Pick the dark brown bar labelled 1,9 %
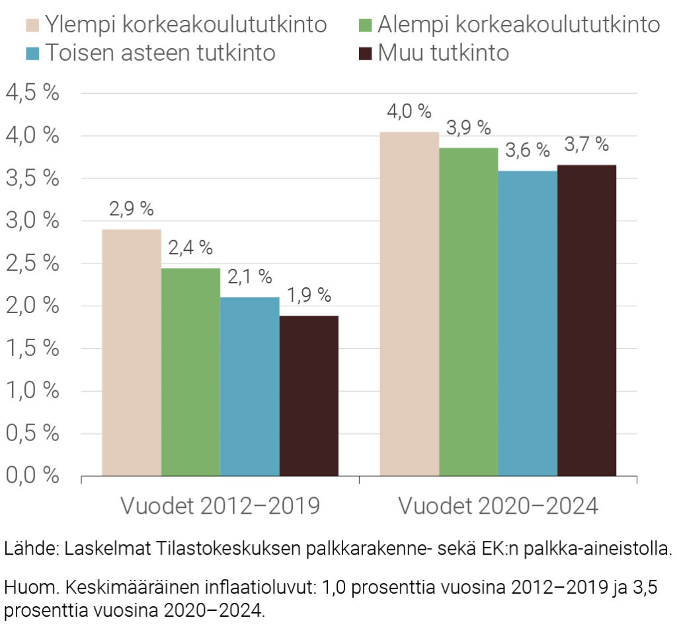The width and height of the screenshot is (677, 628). (x=309, y=396)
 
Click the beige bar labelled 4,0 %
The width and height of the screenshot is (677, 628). (x=409, y=304)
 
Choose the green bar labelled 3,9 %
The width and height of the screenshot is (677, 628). (x=469, y=312)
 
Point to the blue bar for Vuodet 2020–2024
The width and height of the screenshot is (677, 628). (x=528, y=323)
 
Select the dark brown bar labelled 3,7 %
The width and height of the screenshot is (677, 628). (x=587, y=320)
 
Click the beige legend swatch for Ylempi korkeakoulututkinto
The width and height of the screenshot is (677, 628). (x=34, y=25)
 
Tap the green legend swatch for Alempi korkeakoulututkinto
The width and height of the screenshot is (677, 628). (x=366, y=25)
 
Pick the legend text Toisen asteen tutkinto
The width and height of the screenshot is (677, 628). (x=159, y=53)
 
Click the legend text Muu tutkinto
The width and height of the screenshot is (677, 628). (x=444, y=53)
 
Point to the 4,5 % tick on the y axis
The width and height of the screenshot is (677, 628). (x=32, y=93)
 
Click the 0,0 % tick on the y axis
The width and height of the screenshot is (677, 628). (x=32, y=475)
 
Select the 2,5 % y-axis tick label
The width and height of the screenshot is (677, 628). (x=32, y=263)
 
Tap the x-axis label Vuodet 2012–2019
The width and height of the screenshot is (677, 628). (x=220, y=506)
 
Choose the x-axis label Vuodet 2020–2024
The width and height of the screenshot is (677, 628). (x=498, y=506)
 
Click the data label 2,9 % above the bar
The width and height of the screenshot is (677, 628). (x=132, y=210)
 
